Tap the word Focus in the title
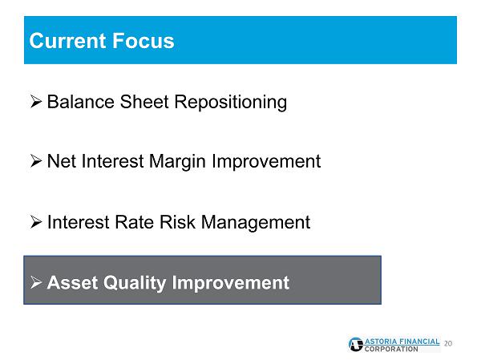143,41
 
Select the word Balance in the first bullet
81,102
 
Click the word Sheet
144,102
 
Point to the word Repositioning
231,103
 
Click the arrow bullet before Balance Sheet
36,102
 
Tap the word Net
62,161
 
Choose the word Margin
177,162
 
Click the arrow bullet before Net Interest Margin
36,161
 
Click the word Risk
177,222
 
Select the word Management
256,223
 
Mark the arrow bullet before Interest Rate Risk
36,222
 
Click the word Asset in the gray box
72,282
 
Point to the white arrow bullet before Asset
36,282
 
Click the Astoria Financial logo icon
356,344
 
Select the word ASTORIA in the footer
381,342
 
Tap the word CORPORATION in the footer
391,349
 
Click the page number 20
448,343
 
